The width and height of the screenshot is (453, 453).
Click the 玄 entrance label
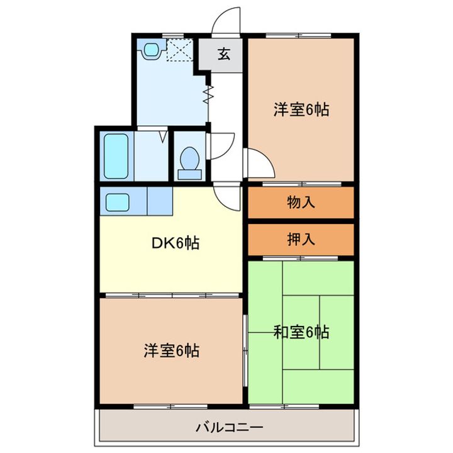click(x=223, y=54)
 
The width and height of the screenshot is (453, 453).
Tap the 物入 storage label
click(x=301, y=203)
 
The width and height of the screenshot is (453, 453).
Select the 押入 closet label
click(x=301, y=239)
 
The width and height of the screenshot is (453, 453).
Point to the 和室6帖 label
click(x=301, y=332)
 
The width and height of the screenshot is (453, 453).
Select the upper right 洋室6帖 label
click(x=301, y=109)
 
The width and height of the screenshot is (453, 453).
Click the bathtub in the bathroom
click(x=116, y=155)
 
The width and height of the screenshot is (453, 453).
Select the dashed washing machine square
click(x=181, y=49)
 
